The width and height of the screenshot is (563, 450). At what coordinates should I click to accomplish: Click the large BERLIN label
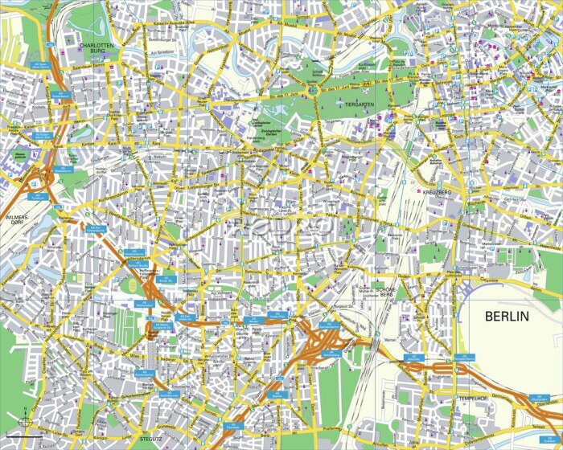(x=508, y=317)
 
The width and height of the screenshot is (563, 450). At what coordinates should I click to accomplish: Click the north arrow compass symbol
(x=25, y=419)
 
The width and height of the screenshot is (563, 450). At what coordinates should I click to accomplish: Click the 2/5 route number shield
(x=368, y=84)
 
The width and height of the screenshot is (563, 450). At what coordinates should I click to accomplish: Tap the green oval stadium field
(x=132, y=286)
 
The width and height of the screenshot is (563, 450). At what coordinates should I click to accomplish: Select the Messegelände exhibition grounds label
(x=16, y=155)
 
